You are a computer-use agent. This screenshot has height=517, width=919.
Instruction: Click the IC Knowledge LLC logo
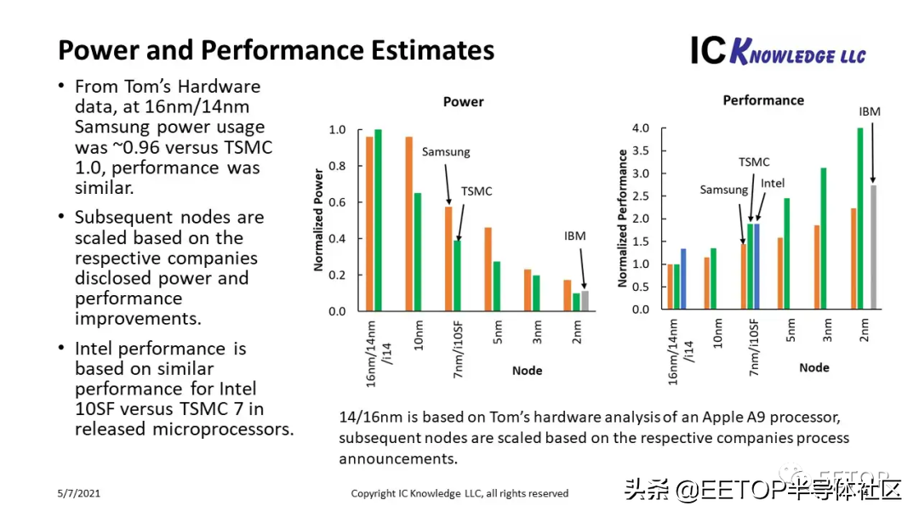778,52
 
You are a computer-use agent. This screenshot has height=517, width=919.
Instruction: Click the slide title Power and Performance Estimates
276,50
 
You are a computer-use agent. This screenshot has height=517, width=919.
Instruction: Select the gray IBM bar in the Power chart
585,301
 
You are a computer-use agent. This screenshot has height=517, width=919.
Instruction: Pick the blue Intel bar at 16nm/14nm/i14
682,280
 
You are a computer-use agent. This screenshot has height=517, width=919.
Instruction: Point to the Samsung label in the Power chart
446,151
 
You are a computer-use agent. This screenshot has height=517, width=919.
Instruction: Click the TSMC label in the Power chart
477,191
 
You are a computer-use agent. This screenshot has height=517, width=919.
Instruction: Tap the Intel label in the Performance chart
773,183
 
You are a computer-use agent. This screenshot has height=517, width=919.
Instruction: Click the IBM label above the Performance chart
870,111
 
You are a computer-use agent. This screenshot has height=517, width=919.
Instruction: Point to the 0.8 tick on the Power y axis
337,166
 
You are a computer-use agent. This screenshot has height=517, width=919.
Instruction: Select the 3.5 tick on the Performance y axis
639,151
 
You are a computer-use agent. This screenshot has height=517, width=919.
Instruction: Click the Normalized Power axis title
319,220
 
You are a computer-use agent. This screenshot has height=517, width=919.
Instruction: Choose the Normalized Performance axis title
623,219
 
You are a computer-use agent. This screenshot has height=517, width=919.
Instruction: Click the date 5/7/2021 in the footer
78,493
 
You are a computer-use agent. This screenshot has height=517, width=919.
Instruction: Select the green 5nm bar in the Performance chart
787,254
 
